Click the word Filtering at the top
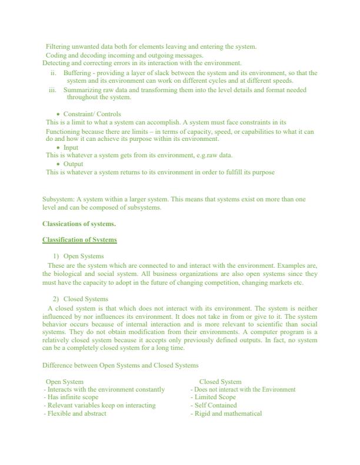pyautogui.click(x=58, y=46)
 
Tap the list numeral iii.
pyautogui.click(x=52, y=90)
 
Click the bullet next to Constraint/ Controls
pyautogui.click(x=58, y=114)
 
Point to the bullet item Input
pyautogui.click(x=71, y=148)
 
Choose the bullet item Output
pyautogui.click(x=73, y=164)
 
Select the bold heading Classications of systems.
pyautogui.click(x=79, y=224)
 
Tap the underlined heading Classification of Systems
pyautogui.click(x=79, y=240)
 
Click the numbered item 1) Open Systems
pyautogui.click(x=79, y=257)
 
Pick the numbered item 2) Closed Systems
pyautogui.click(x=81, y=299)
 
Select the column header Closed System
pyautogui.click(x=220, y=382)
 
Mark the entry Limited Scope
pyautogui.click(x=215, y=397)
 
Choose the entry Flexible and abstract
pyautogui.click(x=76, y=413)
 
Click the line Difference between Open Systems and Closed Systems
pyautogui.click(x=120, y=366)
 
